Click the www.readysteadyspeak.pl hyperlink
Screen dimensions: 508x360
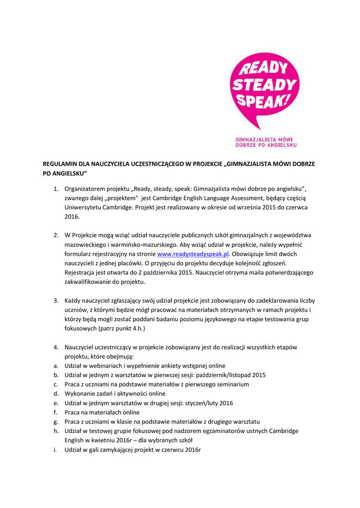[193, 254]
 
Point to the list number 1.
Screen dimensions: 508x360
[57, 189]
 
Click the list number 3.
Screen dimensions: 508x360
[57, 301]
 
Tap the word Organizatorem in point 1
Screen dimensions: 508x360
[85, 189]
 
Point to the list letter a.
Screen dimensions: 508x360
[56, 366]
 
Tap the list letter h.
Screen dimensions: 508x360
[56, 431]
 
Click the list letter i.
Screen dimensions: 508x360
[56, 449]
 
